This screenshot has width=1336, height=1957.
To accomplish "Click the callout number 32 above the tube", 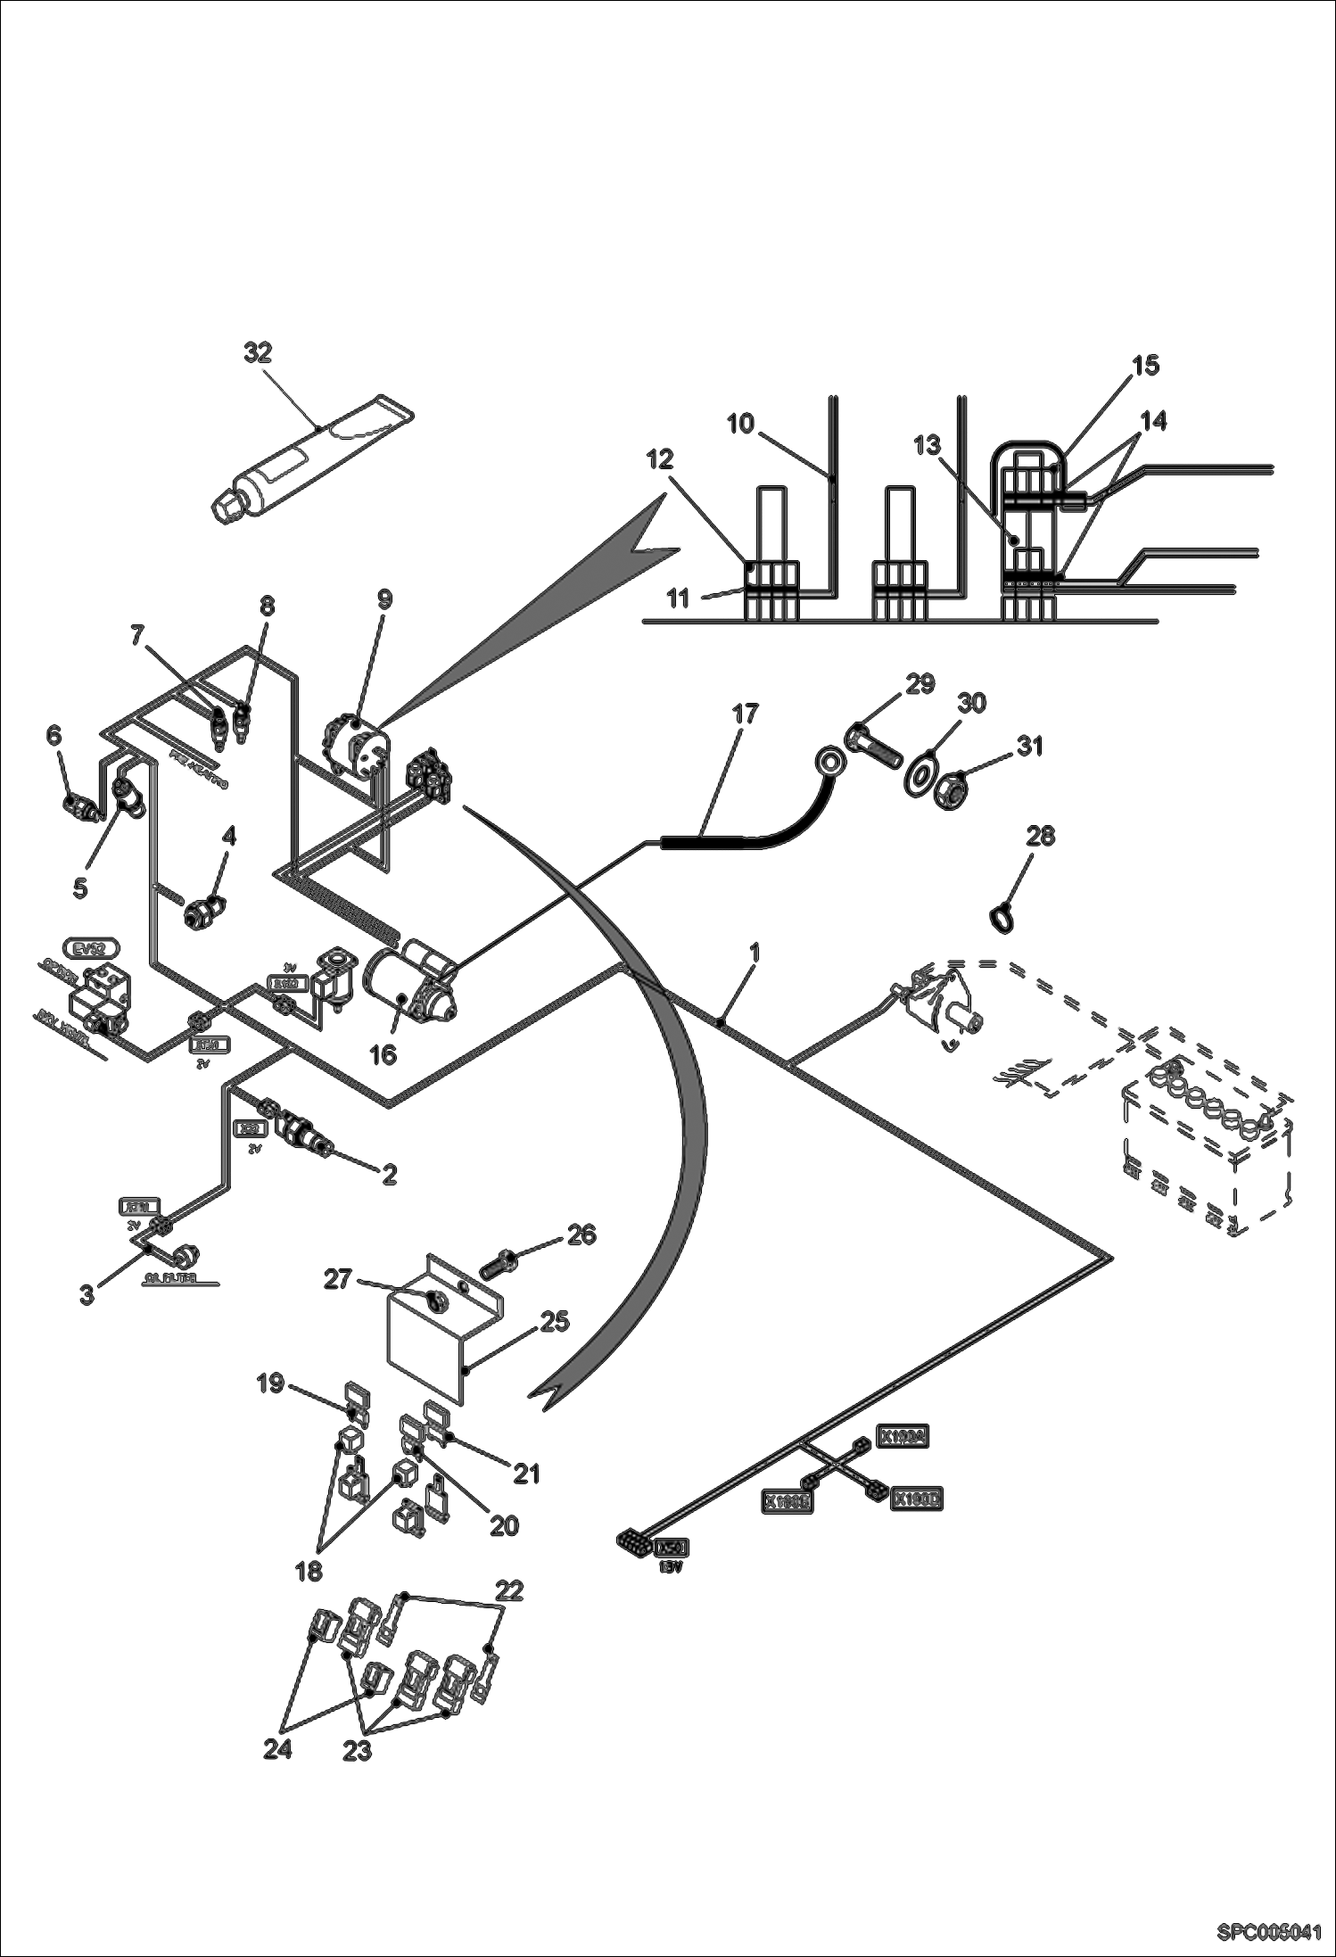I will click(258, 352).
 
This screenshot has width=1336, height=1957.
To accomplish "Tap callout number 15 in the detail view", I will click(1146, 365).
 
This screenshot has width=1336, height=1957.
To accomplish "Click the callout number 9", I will click(383, 599).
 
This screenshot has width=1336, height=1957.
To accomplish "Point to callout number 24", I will click(277, 1749).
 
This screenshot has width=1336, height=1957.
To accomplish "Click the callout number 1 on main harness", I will click(755, 953).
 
